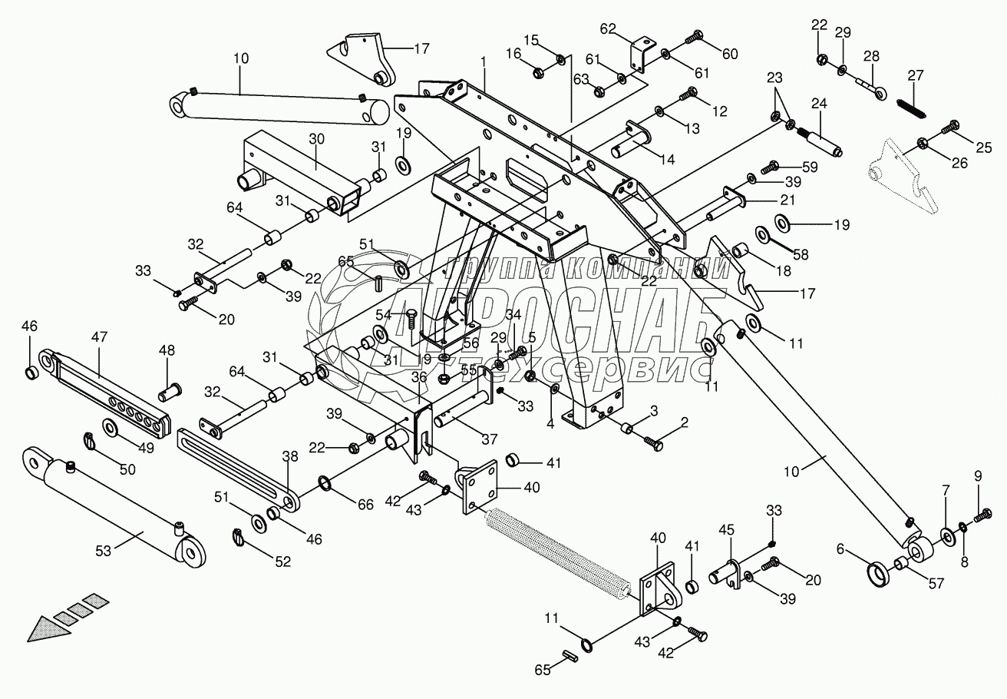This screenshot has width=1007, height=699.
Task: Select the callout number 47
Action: point(100,336)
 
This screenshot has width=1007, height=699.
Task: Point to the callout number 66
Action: point(365,504)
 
